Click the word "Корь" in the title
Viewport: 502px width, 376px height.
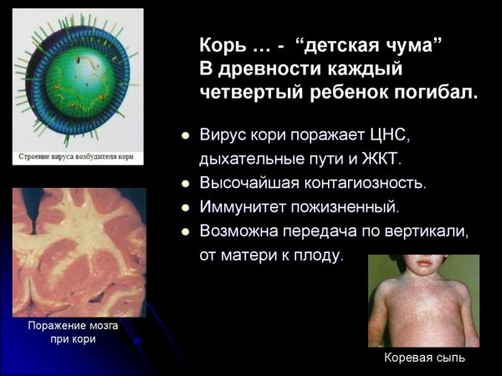pyautogui.click(x=219, y=45)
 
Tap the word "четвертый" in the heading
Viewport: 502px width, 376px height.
pyautogui.click(x=247, y=93)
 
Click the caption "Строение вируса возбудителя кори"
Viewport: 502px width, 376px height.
pyautogui.click(x=78, y=156)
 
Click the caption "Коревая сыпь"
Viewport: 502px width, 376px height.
pyautogui.click(x=424, y=358)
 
